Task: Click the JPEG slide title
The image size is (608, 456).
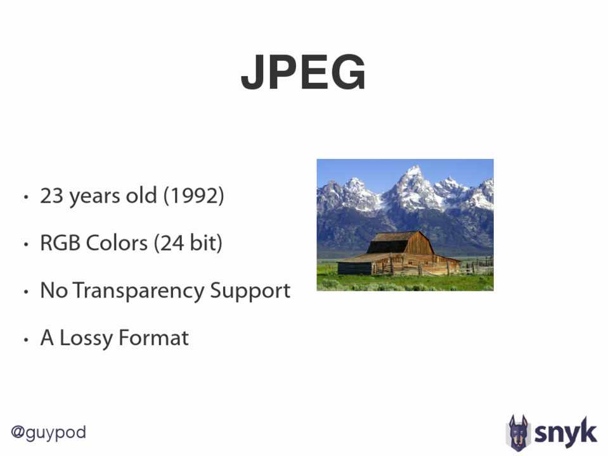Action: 303,72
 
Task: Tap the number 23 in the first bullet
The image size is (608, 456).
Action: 51,195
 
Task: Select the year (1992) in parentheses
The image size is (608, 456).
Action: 193,196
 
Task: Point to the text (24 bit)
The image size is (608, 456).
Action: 188,243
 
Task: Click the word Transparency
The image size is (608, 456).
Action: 138,291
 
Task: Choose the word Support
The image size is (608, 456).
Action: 250,291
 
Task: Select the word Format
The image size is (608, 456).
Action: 153,338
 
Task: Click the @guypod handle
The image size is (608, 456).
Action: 48,433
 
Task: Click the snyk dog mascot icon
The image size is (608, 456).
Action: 518,433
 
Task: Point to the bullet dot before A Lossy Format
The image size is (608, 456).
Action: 26,340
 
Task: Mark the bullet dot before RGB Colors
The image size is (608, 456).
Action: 26,245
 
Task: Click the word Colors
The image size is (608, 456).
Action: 117,243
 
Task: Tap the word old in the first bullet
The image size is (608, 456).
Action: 141,195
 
